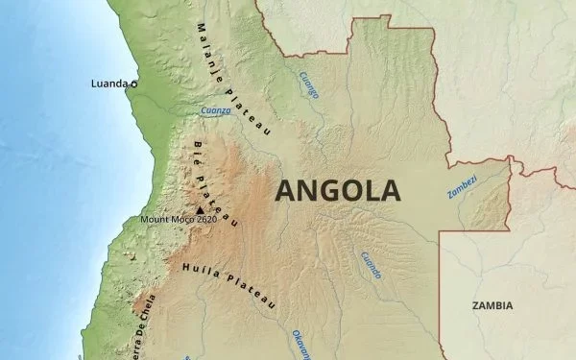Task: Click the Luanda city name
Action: (x=108, y=84)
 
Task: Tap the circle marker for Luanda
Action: (x=133, y=84)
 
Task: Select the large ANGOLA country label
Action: (x=337, y=189)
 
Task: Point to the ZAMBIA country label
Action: (x=492, y=305)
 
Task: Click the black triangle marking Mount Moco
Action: (x=200, y=210)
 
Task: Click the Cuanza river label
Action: (x=215, y=110)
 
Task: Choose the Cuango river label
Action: (x=308, y=84)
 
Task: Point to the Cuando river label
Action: (x=371, y=265)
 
